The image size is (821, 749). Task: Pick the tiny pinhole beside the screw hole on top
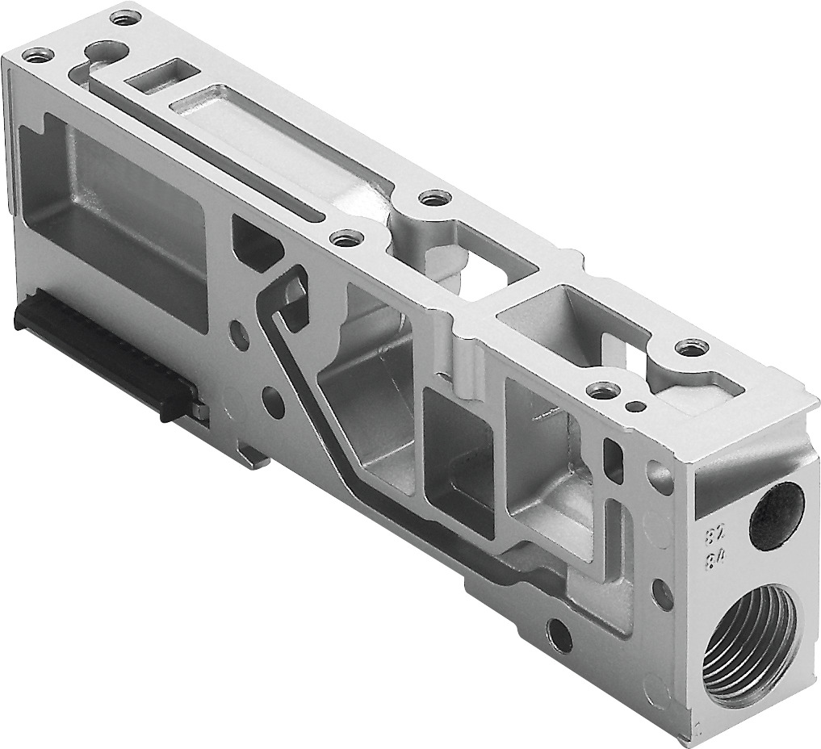point(639,405)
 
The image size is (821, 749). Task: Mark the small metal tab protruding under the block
point(254,457)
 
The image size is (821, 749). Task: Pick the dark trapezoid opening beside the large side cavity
point(257,236)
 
